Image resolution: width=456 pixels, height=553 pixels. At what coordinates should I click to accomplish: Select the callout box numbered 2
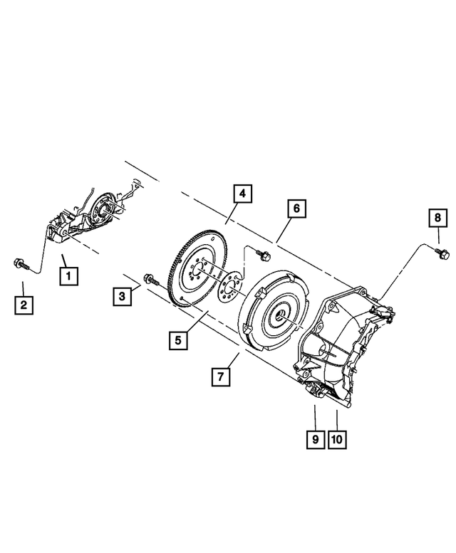[x=24, y=307]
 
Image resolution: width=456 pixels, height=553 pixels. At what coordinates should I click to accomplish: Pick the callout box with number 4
[x=242, y=194]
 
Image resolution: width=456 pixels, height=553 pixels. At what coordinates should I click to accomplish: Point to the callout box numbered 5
[x=179, y=341]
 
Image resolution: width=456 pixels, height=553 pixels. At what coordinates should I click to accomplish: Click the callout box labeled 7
[x=220, y=376]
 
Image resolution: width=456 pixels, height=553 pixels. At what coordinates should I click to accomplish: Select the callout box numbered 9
[x=313, y=440]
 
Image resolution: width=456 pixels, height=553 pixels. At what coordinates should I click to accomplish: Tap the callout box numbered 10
[x=337, y=440]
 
